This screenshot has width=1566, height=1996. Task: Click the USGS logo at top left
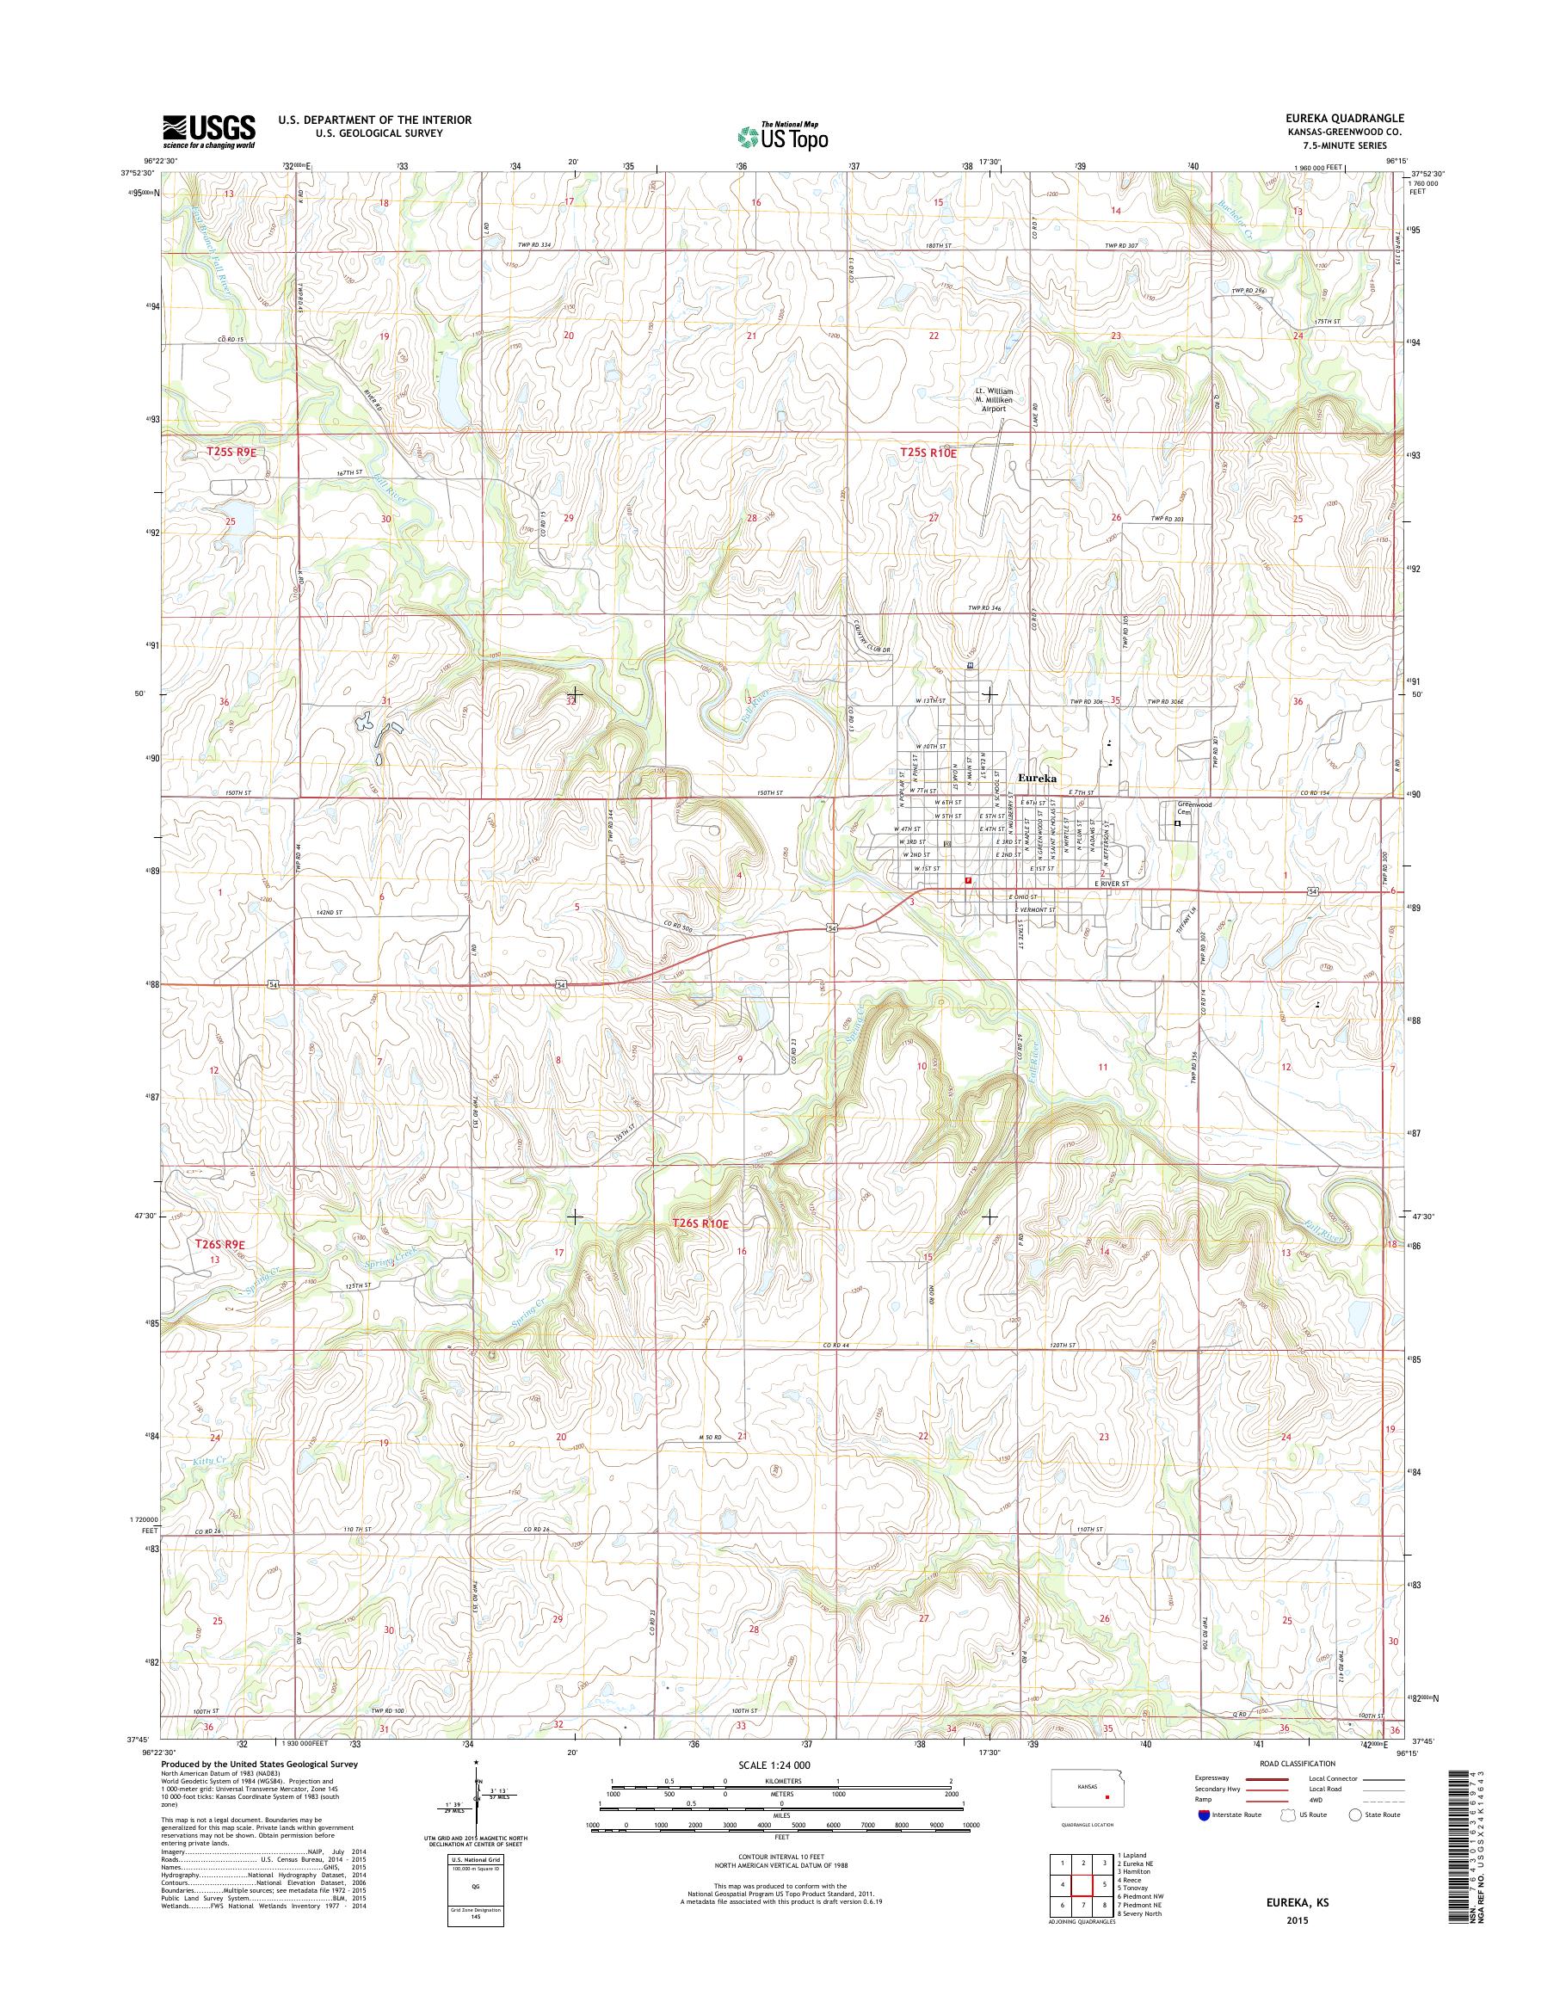[209, 131]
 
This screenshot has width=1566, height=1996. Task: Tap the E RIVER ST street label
[1116, 884]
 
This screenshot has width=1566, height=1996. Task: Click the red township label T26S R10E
[701, 1223]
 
